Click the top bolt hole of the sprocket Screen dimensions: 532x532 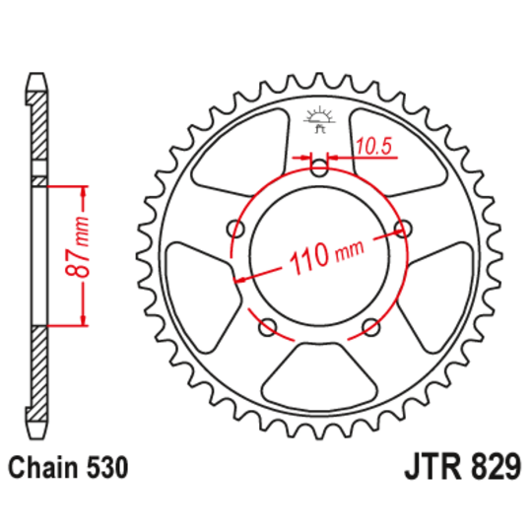319,169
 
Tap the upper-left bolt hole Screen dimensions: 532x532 236,229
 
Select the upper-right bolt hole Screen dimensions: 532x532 402,229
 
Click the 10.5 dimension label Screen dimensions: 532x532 374,147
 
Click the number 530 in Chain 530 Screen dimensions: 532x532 103,467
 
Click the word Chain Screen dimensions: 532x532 43,467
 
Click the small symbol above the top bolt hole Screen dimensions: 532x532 318,118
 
